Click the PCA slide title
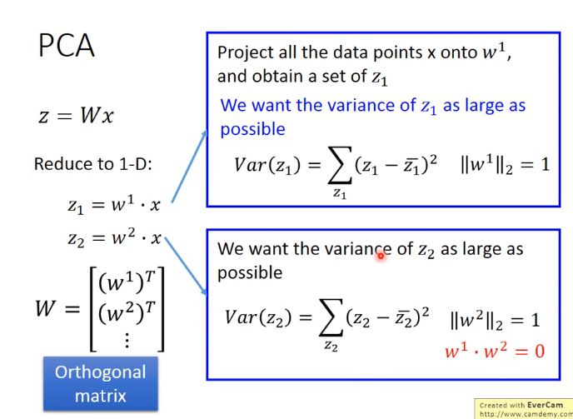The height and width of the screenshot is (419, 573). [66, 46]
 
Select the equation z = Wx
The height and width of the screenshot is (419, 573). [76, 116]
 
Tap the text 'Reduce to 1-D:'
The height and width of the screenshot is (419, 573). [92, 164]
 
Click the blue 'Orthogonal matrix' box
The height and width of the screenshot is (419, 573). [101, 384]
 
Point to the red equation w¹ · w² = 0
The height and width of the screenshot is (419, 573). [495, 351]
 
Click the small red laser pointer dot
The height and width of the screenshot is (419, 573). [381, 256]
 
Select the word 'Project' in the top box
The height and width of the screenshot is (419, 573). [246, 53]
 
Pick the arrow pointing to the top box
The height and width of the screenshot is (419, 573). [189, 167]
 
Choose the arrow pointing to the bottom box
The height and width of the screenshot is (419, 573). [186, 266]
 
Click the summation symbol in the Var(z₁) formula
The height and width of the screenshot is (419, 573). [340, 165]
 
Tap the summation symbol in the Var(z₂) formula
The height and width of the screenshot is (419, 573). [331, 317]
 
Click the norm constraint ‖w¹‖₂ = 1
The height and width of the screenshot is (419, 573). [505, 165]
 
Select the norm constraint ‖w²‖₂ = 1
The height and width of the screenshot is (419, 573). [496, 321]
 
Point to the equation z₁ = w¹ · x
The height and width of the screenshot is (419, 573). [114, 205]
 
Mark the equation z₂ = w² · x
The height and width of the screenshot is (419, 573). [114, 238]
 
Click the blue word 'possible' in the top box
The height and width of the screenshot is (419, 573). [252, 129]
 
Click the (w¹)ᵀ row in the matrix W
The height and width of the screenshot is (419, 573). [127, 282]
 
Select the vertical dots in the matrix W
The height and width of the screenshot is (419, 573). [127, 341]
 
